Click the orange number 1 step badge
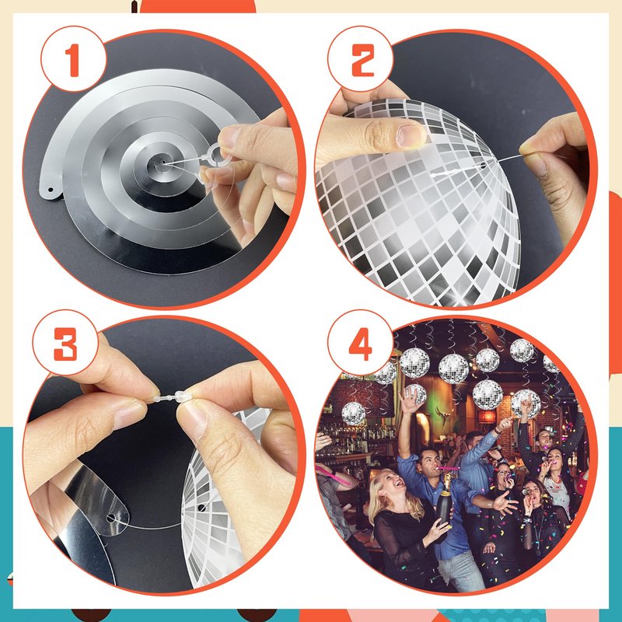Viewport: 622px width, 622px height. coord(73,61)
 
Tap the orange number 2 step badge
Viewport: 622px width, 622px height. coord(360,61)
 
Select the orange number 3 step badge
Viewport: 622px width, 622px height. coord(65,344)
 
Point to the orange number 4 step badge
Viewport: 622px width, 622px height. coord(360,344)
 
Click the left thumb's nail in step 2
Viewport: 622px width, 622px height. coord(411,135)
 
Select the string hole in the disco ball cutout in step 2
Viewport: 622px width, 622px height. coord(484,165)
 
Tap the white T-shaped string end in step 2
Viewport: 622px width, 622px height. coord(435,174)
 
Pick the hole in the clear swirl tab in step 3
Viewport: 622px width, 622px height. coord(111,518)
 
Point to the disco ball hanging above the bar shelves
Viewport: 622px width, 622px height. coord(354,414)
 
